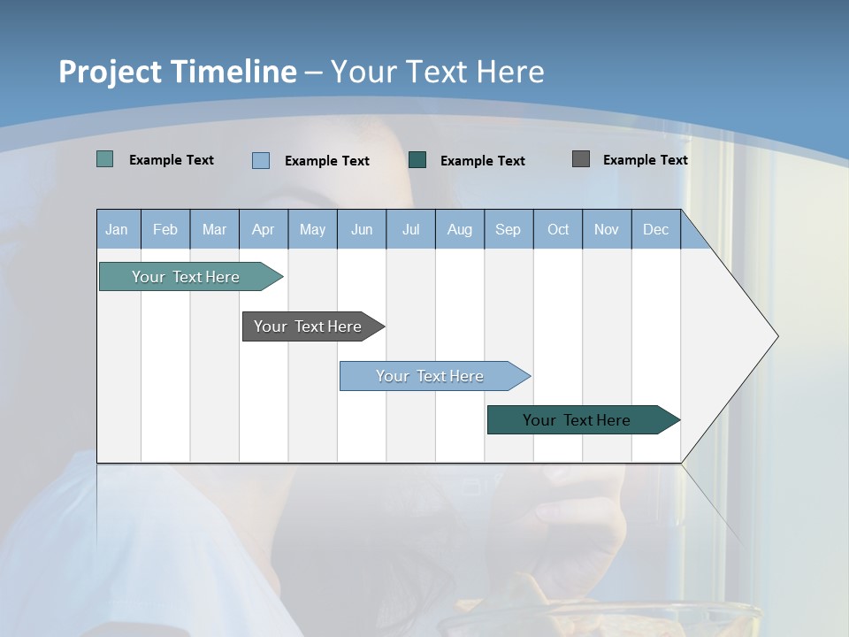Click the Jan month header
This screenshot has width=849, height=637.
pyautogui.click(x=118, y=229)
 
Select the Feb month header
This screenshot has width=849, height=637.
pyautogui.click(x=165, y=229)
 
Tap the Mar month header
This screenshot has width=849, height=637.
pyautogui.click(x=214, y=229)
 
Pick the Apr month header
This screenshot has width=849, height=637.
pyautogui.click(x=264, y=229)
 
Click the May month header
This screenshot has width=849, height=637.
pyautogui.click(x=312, y=229)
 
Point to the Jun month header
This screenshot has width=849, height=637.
pyautogui.click(x=362, y=229)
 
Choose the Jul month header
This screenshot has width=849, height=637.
pyautogui.click(x=410, y=229)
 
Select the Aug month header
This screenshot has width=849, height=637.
pyautogui.click(x=460, y=229)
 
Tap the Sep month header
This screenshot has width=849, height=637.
pyautogui.click(x=509, y=229)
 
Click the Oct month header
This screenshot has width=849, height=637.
pyautogui.click(x=558, y=229)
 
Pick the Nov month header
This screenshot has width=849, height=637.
pyautogui.click(x=607, y=229)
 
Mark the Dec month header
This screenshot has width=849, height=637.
pyautogui.click(x=656, y=229)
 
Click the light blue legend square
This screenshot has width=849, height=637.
pyautogui.click(x=261, y=160)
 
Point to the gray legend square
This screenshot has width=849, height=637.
pyautogui.click(x=581, y=159)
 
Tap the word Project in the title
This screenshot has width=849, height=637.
pyautogui.click(x=111, y=72)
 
